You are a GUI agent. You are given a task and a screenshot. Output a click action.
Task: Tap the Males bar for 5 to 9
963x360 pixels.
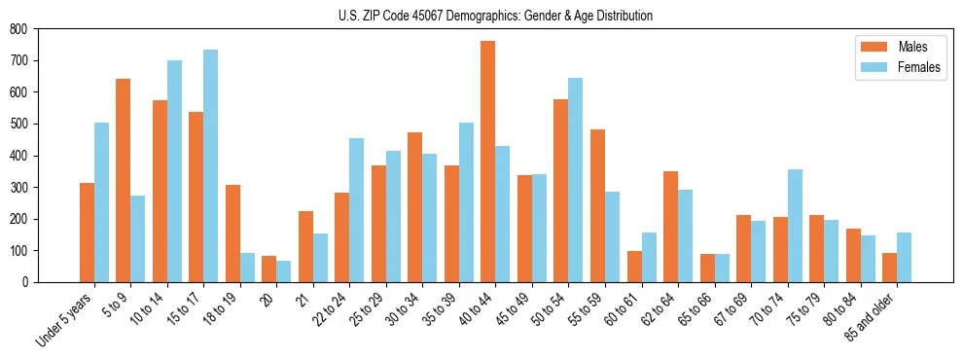click(124, 180)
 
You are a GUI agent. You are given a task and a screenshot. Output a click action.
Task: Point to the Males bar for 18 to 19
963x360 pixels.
click(232, 234)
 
